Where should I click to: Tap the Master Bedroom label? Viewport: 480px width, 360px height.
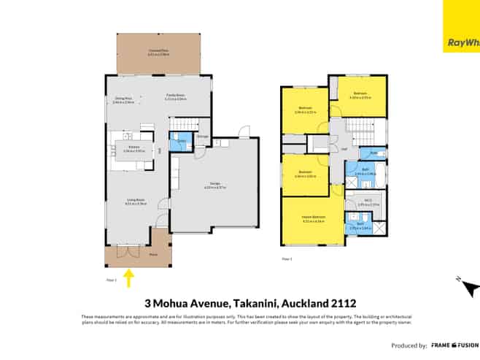click(313, 218)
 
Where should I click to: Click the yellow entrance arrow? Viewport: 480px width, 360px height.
click(130, 277)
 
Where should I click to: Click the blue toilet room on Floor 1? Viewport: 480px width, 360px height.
click(175, 143)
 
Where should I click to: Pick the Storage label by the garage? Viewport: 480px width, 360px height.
click(203, 136)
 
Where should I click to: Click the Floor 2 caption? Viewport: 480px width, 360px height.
click(287, 258)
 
